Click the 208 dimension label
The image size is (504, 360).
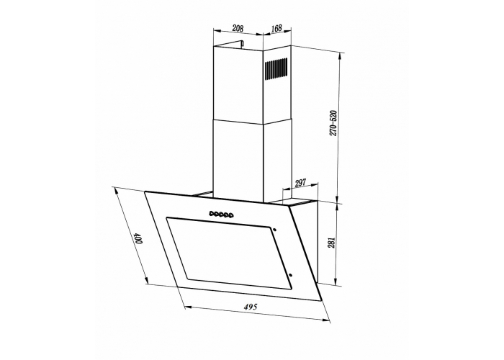(238, 28)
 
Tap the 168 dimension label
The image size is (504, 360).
(276, 28)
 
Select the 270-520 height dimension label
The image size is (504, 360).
(333, 123)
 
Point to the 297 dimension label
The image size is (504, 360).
(300, 183)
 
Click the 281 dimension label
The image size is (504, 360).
(332, 243)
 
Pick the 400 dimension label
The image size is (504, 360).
(138, 238)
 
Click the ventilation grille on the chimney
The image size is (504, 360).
(276, 69)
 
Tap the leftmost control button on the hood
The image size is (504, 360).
(211, 213)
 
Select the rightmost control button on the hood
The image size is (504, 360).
(230, 215)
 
